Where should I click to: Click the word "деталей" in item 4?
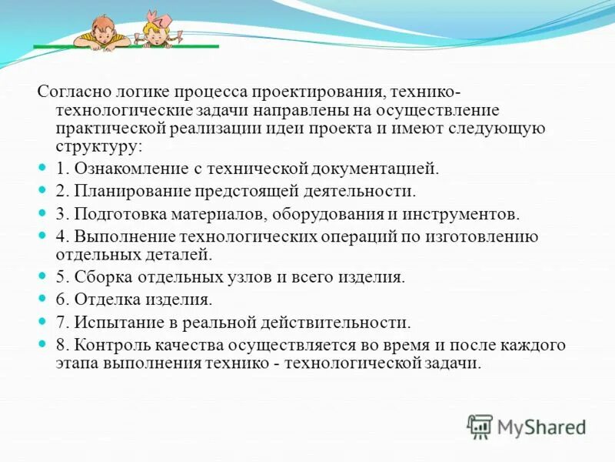184,253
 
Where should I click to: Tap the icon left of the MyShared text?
480,425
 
